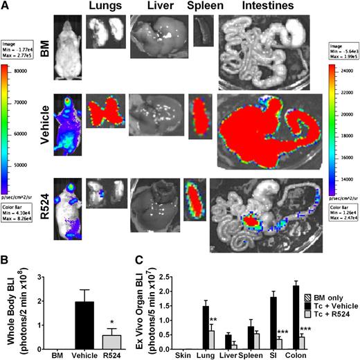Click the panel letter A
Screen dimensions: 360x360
[x=6, y=6]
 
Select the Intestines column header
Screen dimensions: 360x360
[x=256, y=8]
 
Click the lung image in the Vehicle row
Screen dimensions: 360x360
[x=104, y=111]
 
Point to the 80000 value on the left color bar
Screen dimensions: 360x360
[x=34, y=70]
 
